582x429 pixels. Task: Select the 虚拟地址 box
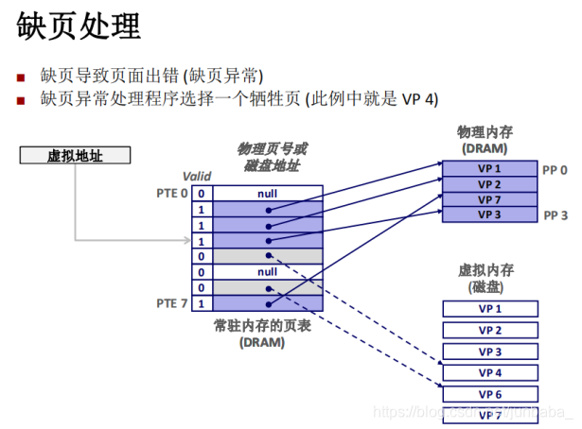[x=75, y=156]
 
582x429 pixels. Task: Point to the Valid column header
[x=197, y=176]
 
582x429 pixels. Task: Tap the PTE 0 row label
[x=171, y=194]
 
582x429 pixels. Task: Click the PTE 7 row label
[x=171, y=303]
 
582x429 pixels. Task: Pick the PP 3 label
[x=555, y=215]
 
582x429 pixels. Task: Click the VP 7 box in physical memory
[x=489, y=199]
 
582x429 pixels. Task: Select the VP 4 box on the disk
[x=489, y=372]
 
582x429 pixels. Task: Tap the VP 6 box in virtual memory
[x=489, y=394]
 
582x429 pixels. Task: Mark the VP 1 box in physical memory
[x=489, y=169]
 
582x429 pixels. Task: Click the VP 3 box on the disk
[x=489, y=352]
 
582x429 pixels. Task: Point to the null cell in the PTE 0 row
[x=268, y=194]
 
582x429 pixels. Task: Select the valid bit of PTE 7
[x=201, y=303]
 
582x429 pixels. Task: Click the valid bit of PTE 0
[x=201, y=194]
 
